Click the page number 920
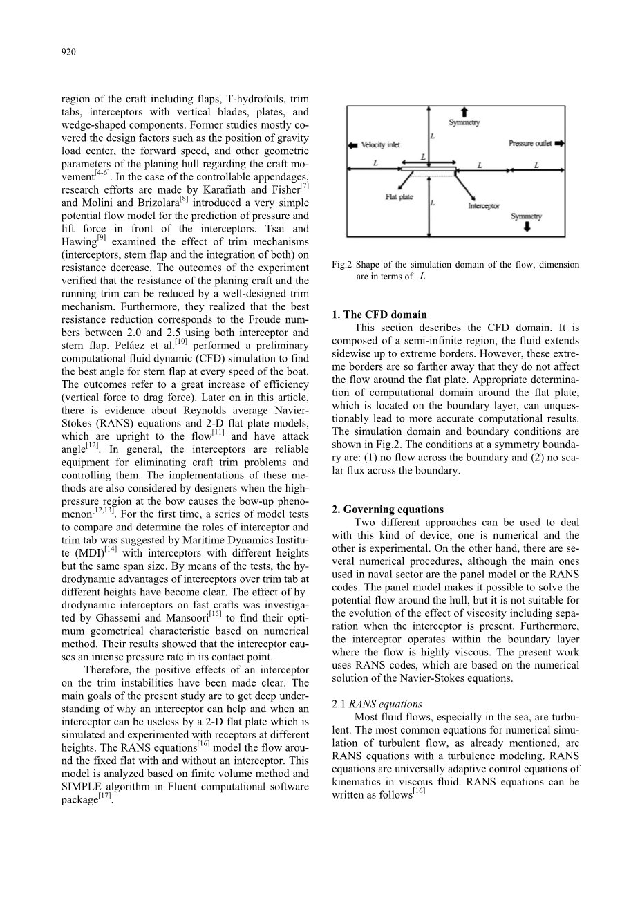click(x=68, y=52)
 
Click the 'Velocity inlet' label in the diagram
click(x=380, y=145)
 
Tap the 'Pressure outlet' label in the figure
click(x=530, y=144)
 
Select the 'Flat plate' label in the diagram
click(x=399, y=197)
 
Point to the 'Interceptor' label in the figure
click(x=484, y=206)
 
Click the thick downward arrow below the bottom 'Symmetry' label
click(x=527, y=227)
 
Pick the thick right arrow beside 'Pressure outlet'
click(x=558, y=144)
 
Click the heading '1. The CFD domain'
click(x=379, y=315)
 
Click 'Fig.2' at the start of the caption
click(x=342, y=265)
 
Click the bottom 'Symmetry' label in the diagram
click(x=527, y=216)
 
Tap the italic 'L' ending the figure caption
click(x=422, y=277)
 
